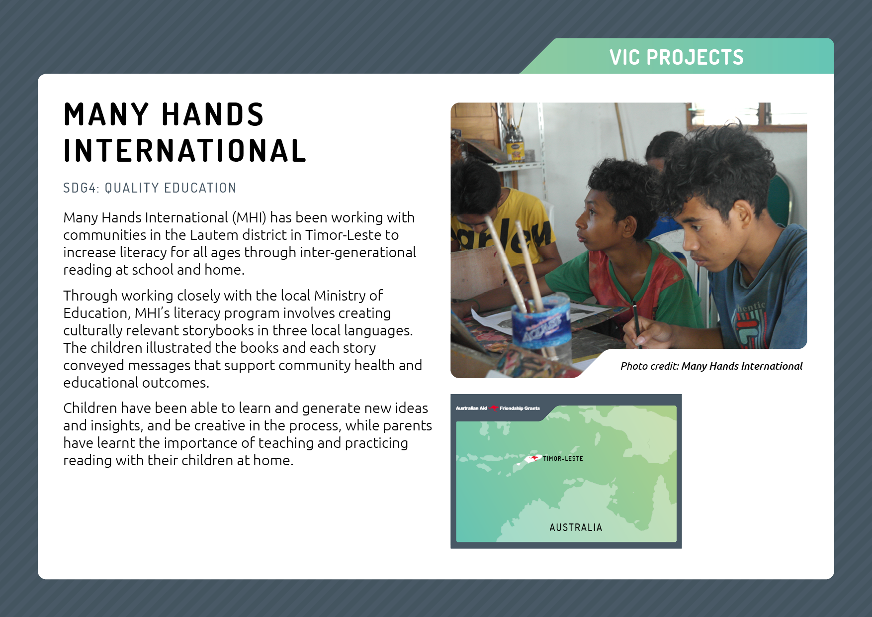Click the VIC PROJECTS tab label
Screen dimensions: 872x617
coord(676,57)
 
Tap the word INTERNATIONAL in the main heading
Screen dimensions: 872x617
coord(185,151)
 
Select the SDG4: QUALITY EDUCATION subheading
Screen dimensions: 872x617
coord(150,188)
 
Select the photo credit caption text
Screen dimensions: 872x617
coord(711,366)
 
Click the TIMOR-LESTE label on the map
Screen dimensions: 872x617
coord(563,459)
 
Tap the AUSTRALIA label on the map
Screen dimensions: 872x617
coord(576,527)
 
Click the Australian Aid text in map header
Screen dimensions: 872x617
coord(471,409)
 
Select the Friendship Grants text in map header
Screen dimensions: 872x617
coord(520,409)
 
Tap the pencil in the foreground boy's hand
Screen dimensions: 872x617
coord(636,323)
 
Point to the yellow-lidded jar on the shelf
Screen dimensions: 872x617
coord(515,146)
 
